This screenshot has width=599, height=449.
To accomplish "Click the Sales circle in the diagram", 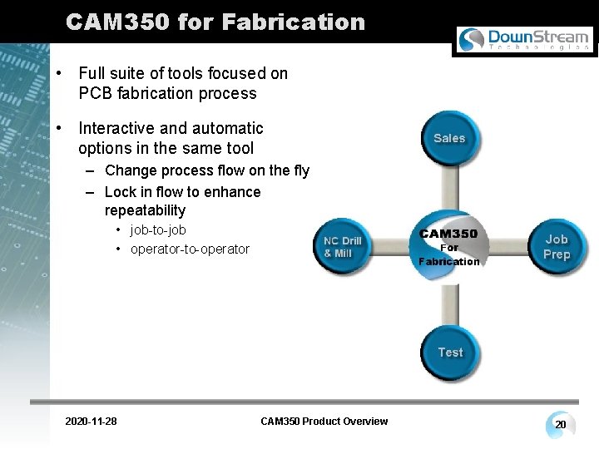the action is point(449,138).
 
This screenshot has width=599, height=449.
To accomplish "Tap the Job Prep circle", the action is point(556,246).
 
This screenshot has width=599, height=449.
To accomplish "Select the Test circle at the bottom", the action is point(450,353).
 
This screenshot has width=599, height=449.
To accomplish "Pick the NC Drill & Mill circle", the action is point(343,247).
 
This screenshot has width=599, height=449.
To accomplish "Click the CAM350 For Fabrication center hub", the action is point(449,246).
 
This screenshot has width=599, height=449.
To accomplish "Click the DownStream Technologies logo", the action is point(524,39).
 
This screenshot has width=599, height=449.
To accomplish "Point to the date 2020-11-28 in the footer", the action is point(91,422).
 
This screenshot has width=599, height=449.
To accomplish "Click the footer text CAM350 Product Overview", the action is point(324,422).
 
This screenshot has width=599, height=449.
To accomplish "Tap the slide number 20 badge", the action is point(561,425).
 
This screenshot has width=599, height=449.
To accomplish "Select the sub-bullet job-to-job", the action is point(158,229).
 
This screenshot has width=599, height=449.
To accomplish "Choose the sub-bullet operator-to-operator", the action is point(190,249).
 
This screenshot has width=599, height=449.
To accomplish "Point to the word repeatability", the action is point(145,210).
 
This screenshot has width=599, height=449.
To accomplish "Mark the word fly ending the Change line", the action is point(299,171).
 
